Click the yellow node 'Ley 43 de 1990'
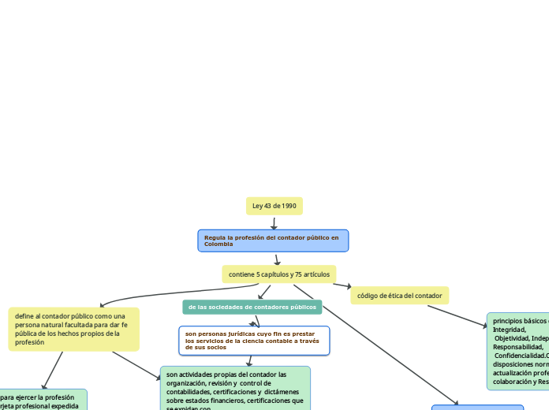coord(274,206)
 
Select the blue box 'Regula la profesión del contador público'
coord(273,240)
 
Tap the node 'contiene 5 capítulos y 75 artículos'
coord(278,274)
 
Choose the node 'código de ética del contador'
coord(399,296)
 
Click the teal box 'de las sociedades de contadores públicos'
coord(252,307)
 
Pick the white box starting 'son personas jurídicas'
coord(253,341)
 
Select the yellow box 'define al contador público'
coord(73,329)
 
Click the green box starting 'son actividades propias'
coord(235,387)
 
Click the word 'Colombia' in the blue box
coord(218,244)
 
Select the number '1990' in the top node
coord(289,206)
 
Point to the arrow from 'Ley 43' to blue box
coord(274,223)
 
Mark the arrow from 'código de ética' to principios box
coord(465,315)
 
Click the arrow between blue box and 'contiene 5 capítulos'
coord(277,259)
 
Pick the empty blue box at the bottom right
coord(477,408)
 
